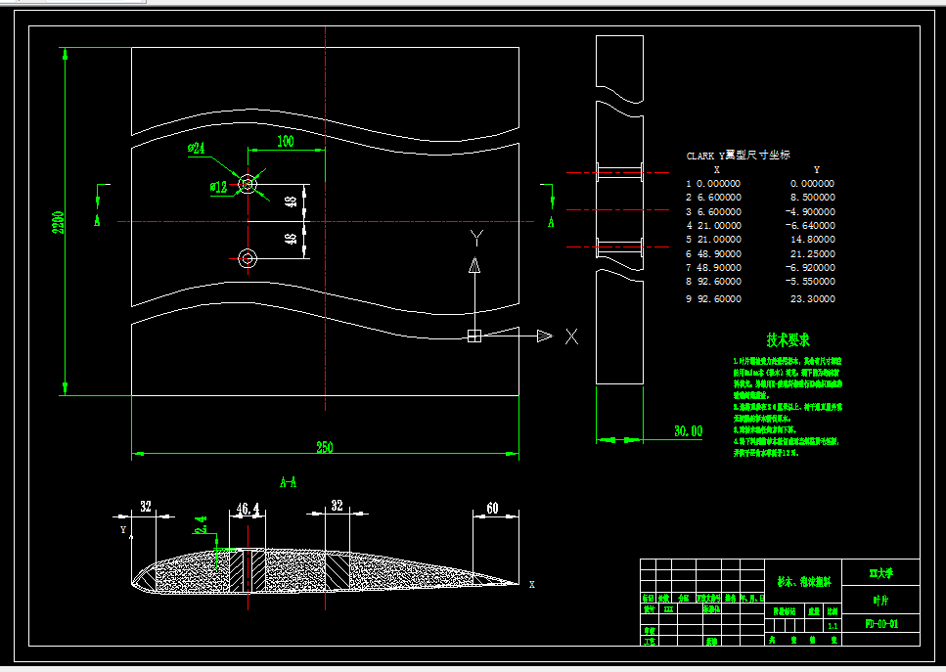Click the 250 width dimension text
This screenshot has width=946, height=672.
(x=323, y=447)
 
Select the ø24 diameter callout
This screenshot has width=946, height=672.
(x=197, y=149)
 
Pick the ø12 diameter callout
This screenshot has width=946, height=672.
(x=217, y=186)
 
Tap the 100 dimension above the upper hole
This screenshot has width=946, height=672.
(x=285, y=142)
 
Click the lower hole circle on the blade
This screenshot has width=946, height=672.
(x=247, y=257)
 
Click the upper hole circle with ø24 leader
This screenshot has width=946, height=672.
(x=247, y=183)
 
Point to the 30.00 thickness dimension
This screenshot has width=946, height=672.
(x=688, y=430)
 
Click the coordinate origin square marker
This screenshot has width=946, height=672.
(x=474, y=336)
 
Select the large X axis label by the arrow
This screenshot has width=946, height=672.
(x=572, y=336)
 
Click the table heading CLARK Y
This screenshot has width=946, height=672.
(x=705, y=156)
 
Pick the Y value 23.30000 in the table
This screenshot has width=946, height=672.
(x=812, y=299)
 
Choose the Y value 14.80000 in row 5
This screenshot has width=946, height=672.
(x=812, y=239)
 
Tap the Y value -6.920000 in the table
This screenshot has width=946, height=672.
(x=811, y=267)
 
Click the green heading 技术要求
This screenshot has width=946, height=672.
(x=788, y=340)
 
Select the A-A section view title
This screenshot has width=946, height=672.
(x=289, y=482)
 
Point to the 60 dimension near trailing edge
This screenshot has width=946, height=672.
(x=492, y=508)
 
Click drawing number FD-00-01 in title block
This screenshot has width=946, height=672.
(x=881, y=623)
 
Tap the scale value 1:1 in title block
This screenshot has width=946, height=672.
(x=833, y=624)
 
